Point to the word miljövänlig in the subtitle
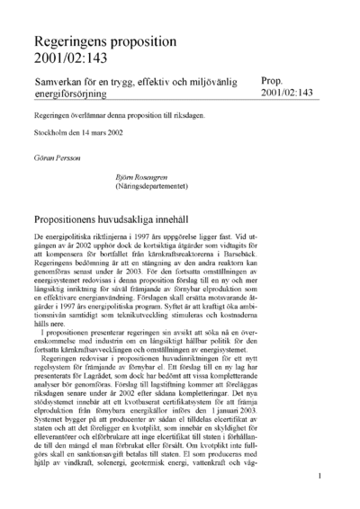[208, 81]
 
